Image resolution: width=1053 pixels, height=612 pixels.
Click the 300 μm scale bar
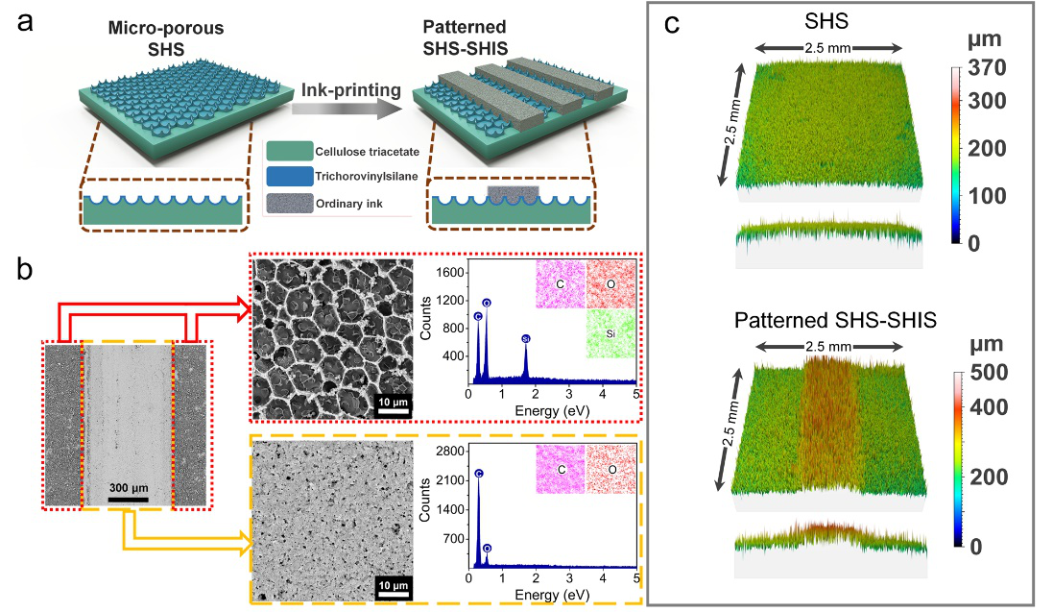(x=128, y=499)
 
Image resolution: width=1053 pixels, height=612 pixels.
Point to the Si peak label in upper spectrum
(x=525, y=339)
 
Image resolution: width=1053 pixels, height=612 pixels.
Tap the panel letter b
(x=28, y=271)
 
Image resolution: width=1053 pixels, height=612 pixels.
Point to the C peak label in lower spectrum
(x=479, y=473)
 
